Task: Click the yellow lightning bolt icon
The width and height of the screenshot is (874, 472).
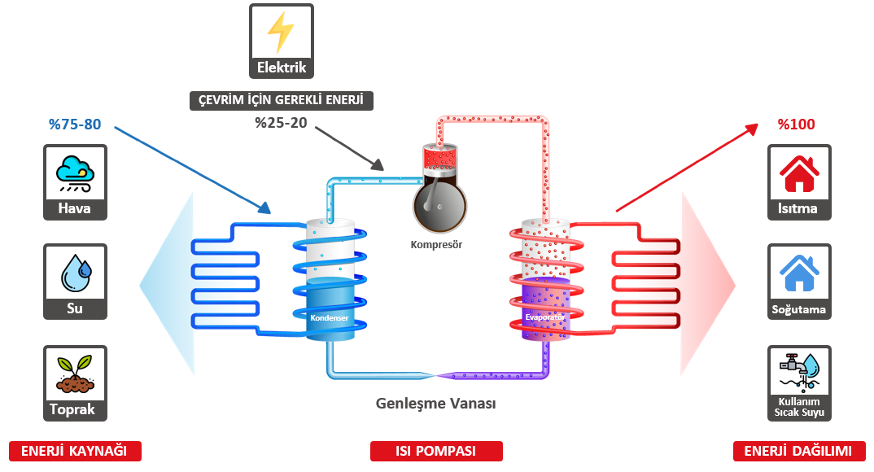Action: click(x=282, y=32)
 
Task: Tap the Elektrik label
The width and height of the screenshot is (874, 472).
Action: click(x=282, y=68)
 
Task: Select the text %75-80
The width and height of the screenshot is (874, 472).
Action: click(x=74, y=125)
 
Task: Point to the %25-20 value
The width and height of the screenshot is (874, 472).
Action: click(x=281, y=124)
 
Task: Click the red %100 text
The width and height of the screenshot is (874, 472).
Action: click(x=796, y=125)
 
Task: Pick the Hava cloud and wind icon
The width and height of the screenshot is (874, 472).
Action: click(x=75, y=173)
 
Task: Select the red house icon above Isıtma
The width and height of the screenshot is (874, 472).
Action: click(x=799, y=173)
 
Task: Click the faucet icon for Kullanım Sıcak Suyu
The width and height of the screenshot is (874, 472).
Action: click(x=799, y=371)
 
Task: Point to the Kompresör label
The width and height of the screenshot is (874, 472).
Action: click(x=436, y=244)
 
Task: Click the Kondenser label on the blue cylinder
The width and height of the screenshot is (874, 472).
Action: click(x=330, y=317)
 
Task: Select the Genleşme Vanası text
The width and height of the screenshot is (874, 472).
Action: click(x=436, y=404)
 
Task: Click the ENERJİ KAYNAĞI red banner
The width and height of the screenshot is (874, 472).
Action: click(x=75, y=451)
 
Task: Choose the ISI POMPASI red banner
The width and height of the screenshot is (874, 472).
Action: click(x=436, y=451)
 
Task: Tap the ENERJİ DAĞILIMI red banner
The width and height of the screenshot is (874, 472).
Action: click(x=799, y=451)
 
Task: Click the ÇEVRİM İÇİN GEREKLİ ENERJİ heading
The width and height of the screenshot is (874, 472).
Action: click(x=282, y=100)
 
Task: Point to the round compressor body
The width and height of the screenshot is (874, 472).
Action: click(x=437, y=205)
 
